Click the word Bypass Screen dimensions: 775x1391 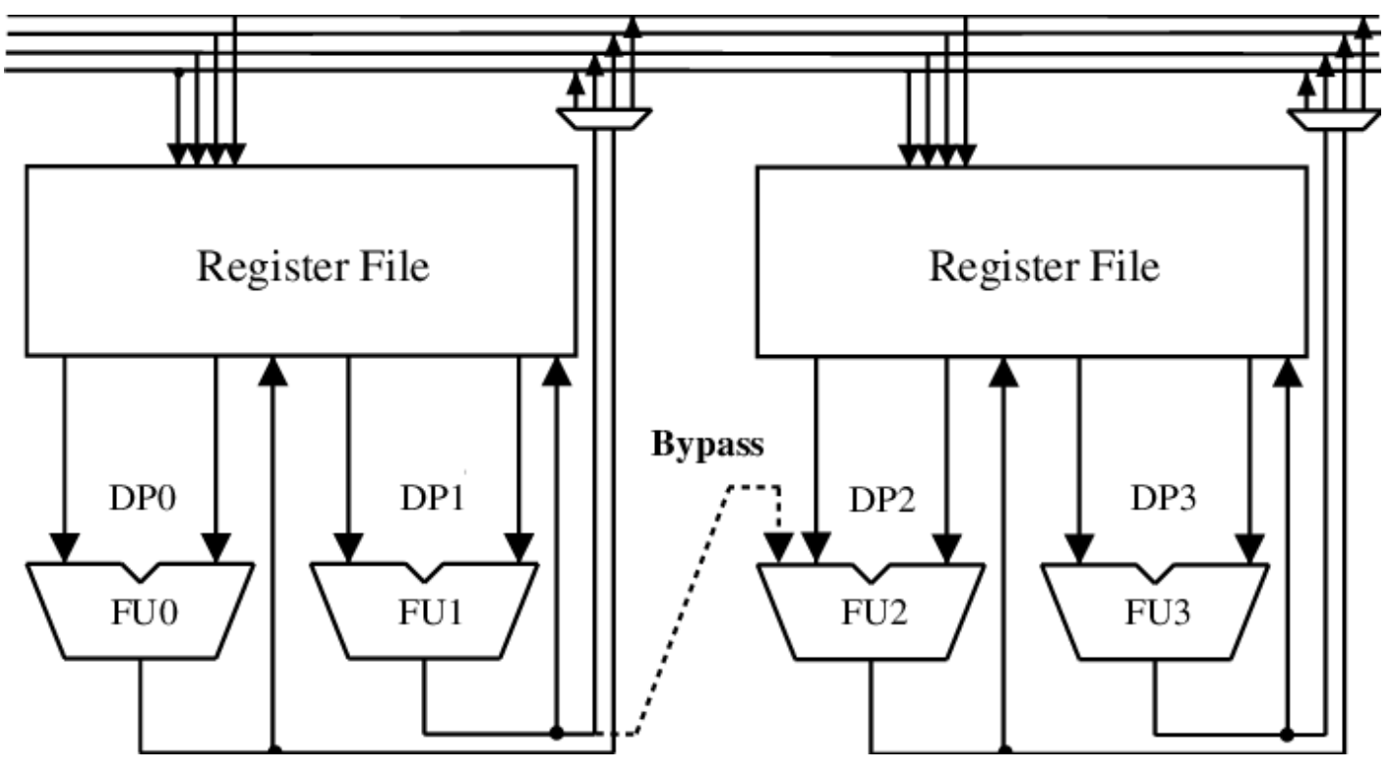(x=707, y=446)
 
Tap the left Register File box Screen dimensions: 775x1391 (x=300, y=260)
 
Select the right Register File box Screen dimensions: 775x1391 (x=1032, y=260)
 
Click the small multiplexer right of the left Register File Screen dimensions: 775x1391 (x=602, y=118)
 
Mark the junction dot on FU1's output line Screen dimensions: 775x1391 (x=557, y=733)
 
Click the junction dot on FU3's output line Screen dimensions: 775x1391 (x=1288, y=733)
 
